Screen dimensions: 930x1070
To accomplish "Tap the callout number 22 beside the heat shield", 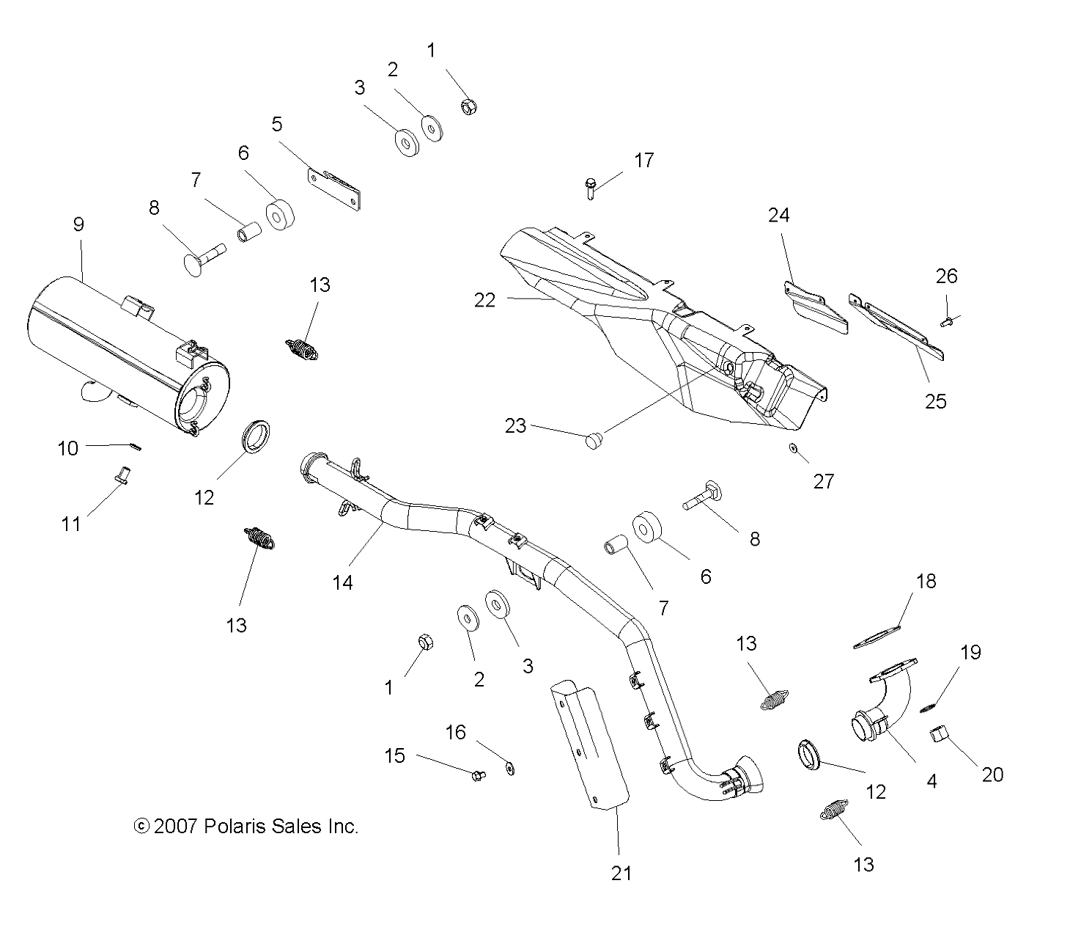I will point(484,300).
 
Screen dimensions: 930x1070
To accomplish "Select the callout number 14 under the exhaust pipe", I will point(342,582).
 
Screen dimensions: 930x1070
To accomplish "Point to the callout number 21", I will point(620,873).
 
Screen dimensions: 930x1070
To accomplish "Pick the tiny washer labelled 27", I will point(794,447).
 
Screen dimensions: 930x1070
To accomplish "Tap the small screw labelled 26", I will point(946,321).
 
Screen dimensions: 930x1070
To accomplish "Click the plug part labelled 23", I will point(594,441).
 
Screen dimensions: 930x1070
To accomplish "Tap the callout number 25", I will point(935,401).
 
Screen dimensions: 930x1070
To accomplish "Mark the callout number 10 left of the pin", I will point(67,448).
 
